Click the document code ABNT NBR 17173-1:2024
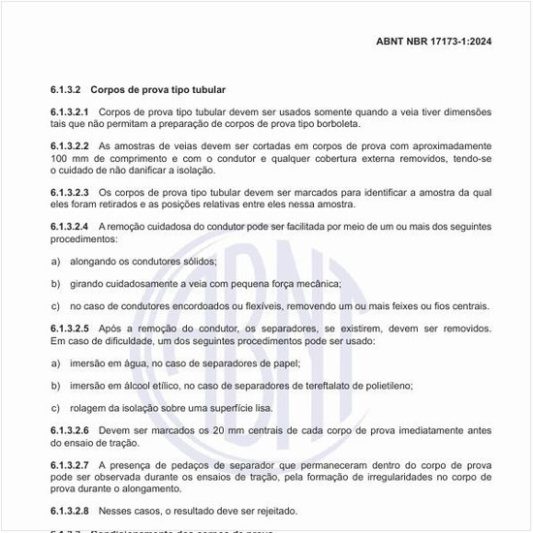click(433, 42)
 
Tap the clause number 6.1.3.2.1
click(70, 112)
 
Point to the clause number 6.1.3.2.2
click(70, 145)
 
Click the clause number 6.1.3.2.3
click(70, 192)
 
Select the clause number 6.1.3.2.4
click(70, 226)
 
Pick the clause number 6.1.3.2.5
click(70, 329)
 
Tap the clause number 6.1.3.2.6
click(70, 430)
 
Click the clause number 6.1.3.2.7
click(70, 465)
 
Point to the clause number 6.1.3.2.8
click(70, 511)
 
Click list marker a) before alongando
click(55, 261)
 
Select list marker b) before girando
click(55, 284)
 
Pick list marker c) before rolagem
click(55, 408)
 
